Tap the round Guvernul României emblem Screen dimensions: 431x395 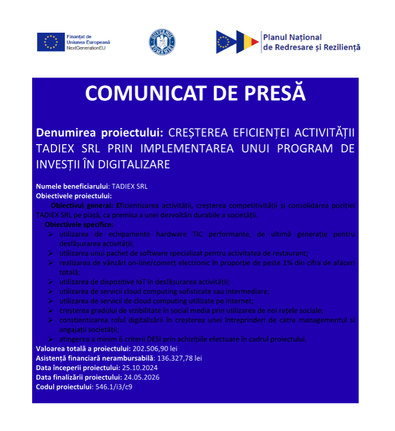(x=162, y=42)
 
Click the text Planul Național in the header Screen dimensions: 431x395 (x=292, y=37)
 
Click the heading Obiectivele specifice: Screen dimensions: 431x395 (x=79, y=225)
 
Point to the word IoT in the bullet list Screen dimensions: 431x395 (x=123, y=281)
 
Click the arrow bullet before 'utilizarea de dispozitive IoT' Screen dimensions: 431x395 (x=51, y=282)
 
